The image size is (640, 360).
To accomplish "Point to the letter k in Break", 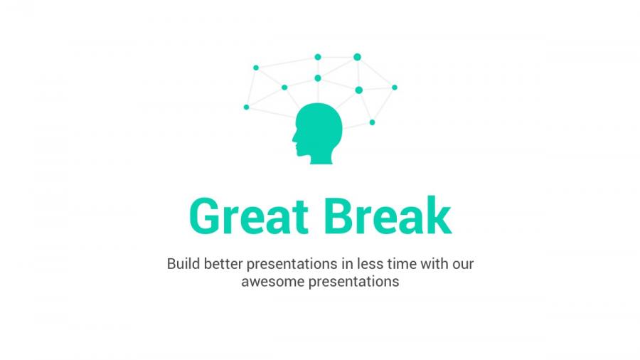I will point(437,216).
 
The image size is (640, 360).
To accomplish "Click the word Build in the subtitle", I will point(183,264).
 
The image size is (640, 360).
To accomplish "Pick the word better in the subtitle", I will point(223,264).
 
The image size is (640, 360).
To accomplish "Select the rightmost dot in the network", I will point(395,88).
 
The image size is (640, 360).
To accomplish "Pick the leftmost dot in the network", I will point(247,107).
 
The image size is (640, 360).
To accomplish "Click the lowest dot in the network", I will point(372,122).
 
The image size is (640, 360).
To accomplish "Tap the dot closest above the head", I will point(318,78).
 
